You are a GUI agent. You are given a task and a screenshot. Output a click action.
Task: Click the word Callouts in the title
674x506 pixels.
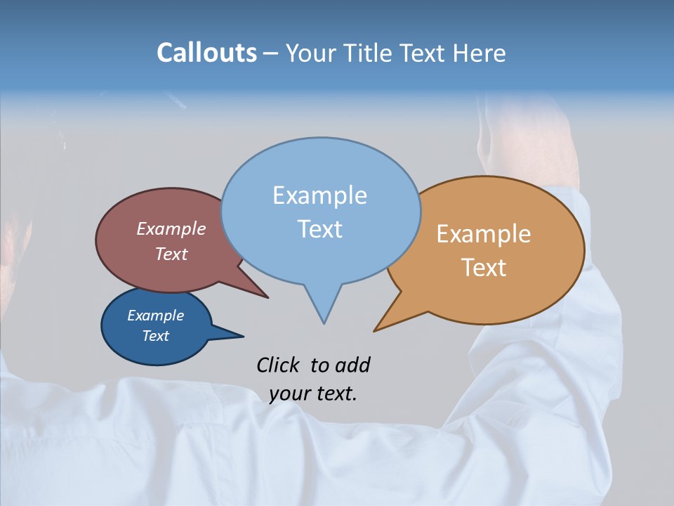206,53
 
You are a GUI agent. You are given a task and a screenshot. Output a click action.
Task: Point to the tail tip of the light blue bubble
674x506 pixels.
324,323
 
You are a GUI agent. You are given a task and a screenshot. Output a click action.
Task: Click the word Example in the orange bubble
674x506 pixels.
484,234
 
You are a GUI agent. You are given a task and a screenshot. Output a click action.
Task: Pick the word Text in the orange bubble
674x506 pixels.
484,268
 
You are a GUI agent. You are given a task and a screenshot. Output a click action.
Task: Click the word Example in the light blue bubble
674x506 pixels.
319,195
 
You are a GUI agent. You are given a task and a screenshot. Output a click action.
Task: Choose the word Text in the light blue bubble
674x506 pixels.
320,229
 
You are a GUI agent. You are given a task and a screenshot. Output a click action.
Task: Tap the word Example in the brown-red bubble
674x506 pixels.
171,228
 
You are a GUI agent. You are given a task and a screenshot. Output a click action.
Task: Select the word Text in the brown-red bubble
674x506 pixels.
171,254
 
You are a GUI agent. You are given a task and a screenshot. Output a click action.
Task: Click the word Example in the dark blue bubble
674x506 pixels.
155,316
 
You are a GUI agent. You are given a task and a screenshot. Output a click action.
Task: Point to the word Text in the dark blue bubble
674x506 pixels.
155,336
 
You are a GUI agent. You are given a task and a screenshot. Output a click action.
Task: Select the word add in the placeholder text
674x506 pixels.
353,365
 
